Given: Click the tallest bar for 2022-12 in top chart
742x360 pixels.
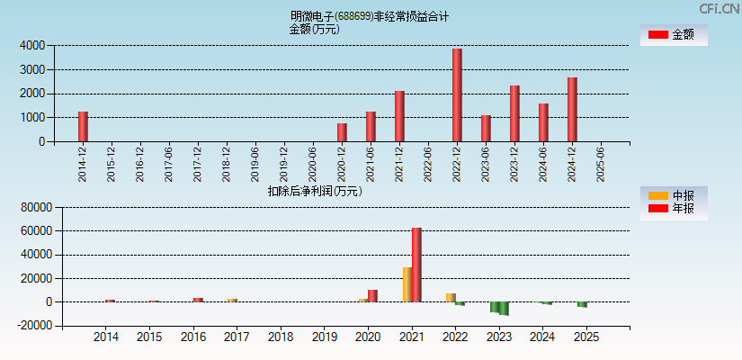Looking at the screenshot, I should [457, 94].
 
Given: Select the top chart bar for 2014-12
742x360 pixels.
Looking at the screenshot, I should [83, 126].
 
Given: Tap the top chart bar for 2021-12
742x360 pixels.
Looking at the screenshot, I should [399, 116].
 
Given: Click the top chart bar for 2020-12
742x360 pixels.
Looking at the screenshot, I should [342, 132].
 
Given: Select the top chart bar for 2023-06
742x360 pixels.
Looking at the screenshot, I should [486, 128].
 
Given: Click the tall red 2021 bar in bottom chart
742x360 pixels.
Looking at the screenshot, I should [416, 265].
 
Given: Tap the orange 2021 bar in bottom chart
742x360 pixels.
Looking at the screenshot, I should [407, 284].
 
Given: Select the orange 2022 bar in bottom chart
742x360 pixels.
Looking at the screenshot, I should [451, 297].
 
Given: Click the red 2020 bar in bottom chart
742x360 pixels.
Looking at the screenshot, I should [372, 295].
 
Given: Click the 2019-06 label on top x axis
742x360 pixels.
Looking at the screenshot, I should [255, 165].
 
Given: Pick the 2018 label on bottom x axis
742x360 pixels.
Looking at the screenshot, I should [281, 337].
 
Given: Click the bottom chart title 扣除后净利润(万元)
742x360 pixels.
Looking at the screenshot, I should [315, 191].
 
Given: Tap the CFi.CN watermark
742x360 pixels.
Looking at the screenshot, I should [720, 8].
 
